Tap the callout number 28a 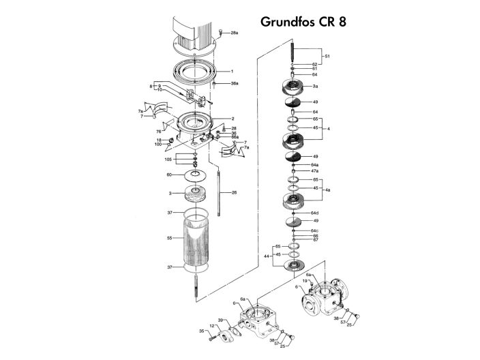pos(235,33)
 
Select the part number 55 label pos(170,239)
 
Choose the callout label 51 pos(327,56)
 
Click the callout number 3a pos(315,87)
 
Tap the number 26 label pos(234,192)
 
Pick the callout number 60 pos(170,175)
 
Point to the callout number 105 pos(168,159)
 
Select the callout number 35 pos(202,331)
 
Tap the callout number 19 pos(305,281)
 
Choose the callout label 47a pos(315,171)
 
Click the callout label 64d pos(315,213)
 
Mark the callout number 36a pos(235,83)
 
